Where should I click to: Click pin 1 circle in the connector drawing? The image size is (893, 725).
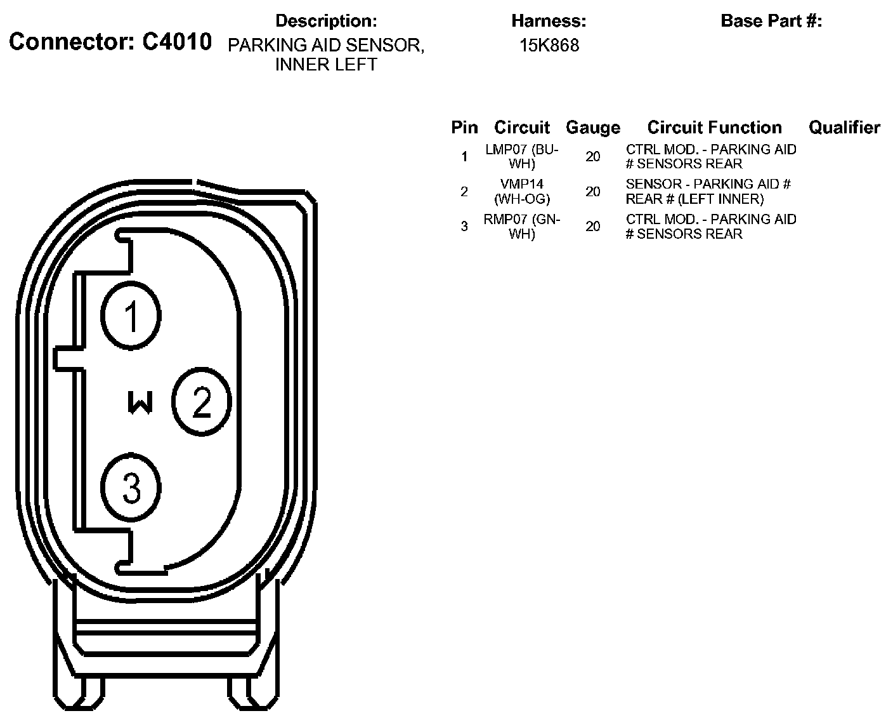coord(131,316)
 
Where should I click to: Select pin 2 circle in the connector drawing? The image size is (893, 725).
coord(202,401)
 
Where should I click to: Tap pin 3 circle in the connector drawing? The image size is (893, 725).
coord(131,488)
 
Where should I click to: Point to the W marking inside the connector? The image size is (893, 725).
coord(140,402)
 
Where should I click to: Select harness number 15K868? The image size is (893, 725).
coord(549,46)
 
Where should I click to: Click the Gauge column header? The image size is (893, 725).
coord(592,128)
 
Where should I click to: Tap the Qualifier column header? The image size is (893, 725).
coord(844,128)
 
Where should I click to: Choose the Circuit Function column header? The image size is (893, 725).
coord(714,128)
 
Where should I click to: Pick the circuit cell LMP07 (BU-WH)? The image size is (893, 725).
coord(522,157)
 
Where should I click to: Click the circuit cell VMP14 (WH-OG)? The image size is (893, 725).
coord(522,191)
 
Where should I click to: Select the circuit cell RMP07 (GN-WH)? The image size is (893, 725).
coord(522,227)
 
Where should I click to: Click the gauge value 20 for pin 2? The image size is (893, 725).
coord(593,191)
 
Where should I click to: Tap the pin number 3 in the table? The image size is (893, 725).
coord(464,226)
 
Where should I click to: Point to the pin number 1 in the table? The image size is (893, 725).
coord(464,156)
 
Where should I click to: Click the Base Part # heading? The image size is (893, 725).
coord(771,21)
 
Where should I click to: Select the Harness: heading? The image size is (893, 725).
coord(549,21)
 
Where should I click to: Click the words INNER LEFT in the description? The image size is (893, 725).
coord(326,65)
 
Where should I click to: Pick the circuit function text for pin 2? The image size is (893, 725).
coord(708,191)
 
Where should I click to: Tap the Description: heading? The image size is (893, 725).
coord(326,21)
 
